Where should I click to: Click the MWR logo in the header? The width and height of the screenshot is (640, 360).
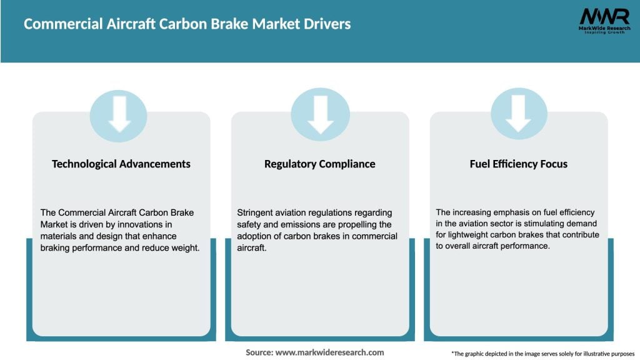[x=603, y=16]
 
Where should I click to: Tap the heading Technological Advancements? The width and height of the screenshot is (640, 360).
[x=121, y=164]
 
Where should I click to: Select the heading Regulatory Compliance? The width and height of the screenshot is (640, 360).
[x=320, y=164]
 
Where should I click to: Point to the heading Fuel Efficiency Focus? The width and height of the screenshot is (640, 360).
[x=519, y=164]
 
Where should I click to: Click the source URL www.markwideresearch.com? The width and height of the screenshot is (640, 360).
[x=330, y=352]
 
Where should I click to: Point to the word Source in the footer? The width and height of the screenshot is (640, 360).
[x=259, y=352]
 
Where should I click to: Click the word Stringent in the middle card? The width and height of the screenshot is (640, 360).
[x=256, y=212]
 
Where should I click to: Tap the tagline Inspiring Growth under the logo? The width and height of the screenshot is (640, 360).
[x=603, y=32]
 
